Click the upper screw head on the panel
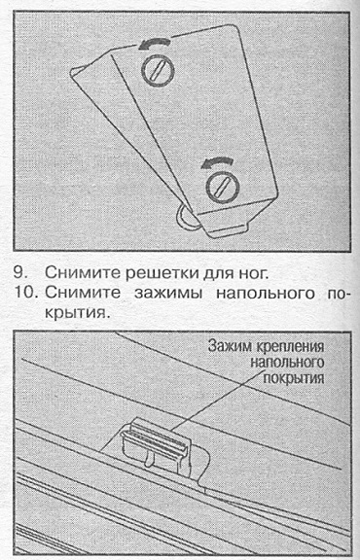click(159, 69)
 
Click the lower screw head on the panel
click(223, 187)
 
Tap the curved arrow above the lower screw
click(217, 162)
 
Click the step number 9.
click(21, 273)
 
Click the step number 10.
click(25, 293)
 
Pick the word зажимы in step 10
click(168, 294)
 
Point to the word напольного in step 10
click(266, 294)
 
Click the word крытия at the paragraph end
click(76, 314)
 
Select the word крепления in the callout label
click(291, 347)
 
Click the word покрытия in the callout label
click(294, 378)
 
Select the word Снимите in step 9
click(83, 273)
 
